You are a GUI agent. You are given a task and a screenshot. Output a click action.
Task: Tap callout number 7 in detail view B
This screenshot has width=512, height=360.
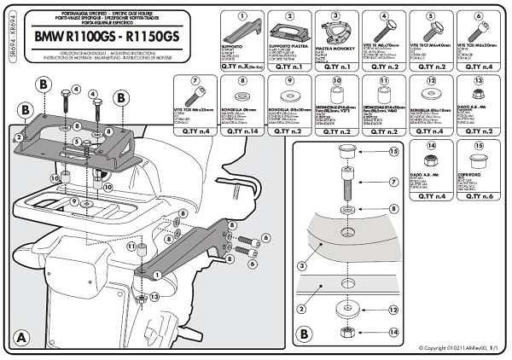pyautogui.click(x=393, y=181)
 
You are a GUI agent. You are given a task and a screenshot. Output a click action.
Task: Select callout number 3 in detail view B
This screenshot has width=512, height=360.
pyautogui.click(x=300, y=266)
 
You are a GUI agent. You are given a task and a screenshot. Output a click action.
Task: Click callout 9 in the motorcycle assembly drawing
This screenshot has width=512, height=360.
pyautogui.click(x=74, y=201)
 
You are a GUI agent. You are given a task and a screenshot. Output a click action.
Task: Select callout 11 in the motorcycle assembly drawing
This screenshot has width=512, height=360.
pyautogui.click(x=131, y=247)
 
